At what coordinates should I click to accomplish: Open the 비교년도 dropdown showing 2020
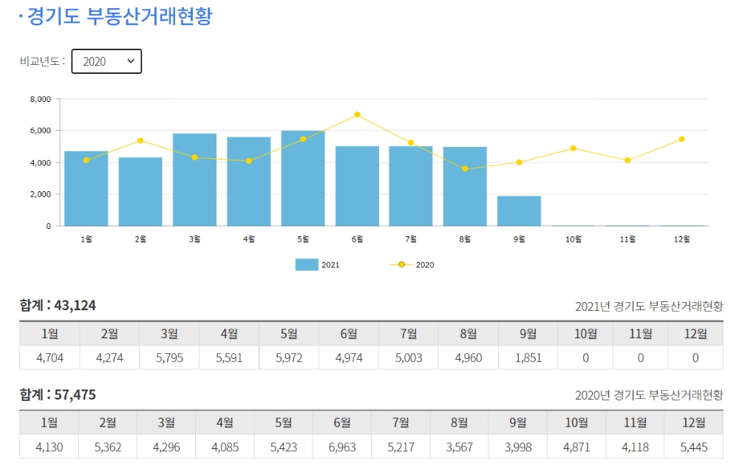106,61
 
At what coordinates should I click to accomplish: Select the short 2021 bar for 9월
519,211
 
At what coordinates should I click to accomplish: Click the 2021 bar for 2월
140,192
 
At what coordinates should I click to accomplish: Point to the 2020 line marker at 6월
357,114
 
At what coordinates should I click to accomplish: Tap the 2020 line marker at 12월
681,139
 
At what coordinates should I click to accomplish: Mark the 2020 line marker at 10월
573,148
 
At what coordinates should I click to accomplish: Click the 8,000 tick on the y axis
41,99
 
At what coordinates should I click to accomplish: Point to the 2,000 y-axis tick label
41,194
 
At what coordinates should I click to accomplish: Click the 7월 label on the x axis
411,239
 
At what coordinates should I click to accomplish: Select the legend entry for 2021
318,264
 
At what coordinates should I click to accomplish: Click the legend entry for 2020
412,264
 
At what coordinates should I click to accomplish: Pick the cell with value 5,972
289,357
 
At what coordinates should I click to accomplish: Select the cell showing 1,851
528,357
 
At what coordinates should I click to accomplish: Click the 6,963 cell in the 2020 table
342,447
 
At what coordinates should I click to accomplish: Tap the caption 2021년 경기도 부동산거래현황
649,306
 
